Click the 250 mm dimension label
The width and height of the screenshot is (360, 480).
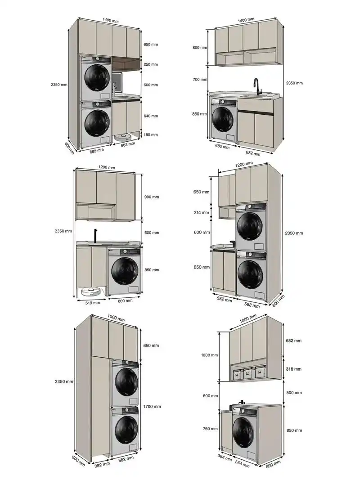click(x=151, y=64)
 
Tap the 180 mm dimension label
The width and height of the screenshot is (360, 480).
click(x=151, y=135)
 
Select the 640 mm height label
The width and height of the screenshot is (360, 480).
click(x=151, y=116)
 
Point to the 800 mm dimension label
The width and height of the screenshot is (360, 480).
click(x=199, y=47)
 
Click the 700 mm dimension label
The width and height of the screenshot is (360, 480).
click(x=199, y=80)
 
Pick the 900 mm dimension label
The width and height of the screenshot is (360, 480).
click(x=152, y=197)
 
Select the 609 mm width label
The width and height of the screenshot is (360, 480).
click(x=124, y=301)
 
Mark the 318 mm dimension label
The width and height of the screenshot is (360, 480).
click(x=293, y=369)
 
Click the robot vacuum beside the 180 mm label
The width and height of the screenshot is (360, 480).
click(x=123, y=136)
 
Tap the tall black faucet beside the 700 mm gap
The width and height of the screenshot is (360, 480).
click(x=256, y=86)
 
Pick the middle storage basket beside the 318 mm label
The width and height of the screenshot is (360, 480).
click(x=247, y=373)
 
